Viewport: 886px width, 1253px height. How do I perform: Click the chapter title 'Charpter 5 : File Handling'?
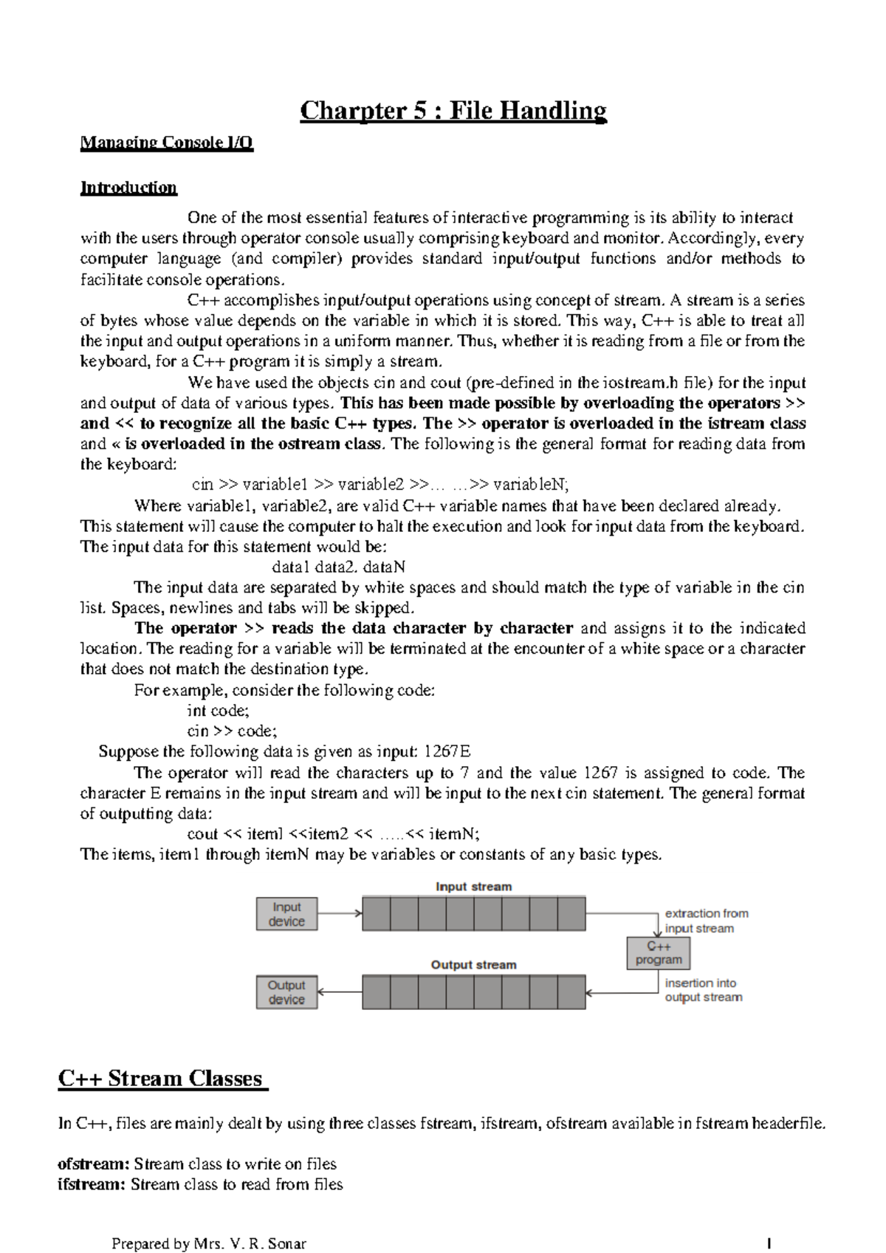(x=453, y=111)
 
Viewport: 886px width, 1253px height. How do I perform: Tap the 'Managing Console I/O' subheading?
(x=167, y=143)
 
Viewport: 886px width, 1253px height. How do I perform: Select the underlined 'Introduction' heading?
(x=128, y=187)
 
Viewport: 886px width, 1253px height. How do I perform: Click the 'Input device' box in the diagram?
(x=286, y=914)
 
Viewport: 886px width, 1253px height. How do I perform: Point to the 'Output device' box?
(x=286, y=992)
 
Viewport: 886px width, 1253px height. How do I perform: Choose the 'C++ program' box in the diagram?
(x=659, y=953)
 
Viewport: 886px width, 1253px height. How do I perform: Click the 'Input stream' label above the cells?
(x=473, y=887)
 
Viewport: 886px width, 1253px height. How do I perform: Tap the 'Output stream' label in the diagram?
(x=473, y=965)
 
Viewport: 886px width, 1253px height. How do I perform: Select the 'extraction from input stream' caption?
(x=706, y=921)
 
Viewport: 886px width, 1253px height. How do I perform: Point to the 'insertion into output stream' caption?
(x=703, y=990)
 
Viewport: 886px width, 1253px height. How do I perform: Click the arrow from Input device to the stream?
(x=339, y=913)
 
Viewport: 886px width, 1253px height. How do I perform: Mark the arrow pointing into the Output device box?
(x=339, y=992)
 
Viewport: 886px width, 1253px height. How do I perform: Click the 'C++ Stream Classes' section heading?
(x=162, y=1079)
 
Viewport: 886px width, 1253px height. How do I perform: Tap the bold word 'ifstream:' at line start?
(x=92, y=1184)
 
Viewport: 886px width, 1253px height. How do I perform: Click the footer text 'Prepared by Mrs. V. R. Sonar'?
(x=208, y=1243)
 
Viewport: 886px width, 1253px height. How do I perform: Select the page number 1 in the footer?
(x=769, y=1243)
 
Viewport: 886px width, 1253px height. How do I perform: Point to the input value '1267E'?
(x=447, y=752)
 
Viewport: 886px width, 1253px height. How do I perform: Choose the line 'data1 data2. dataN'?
(x=339, y=567)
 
